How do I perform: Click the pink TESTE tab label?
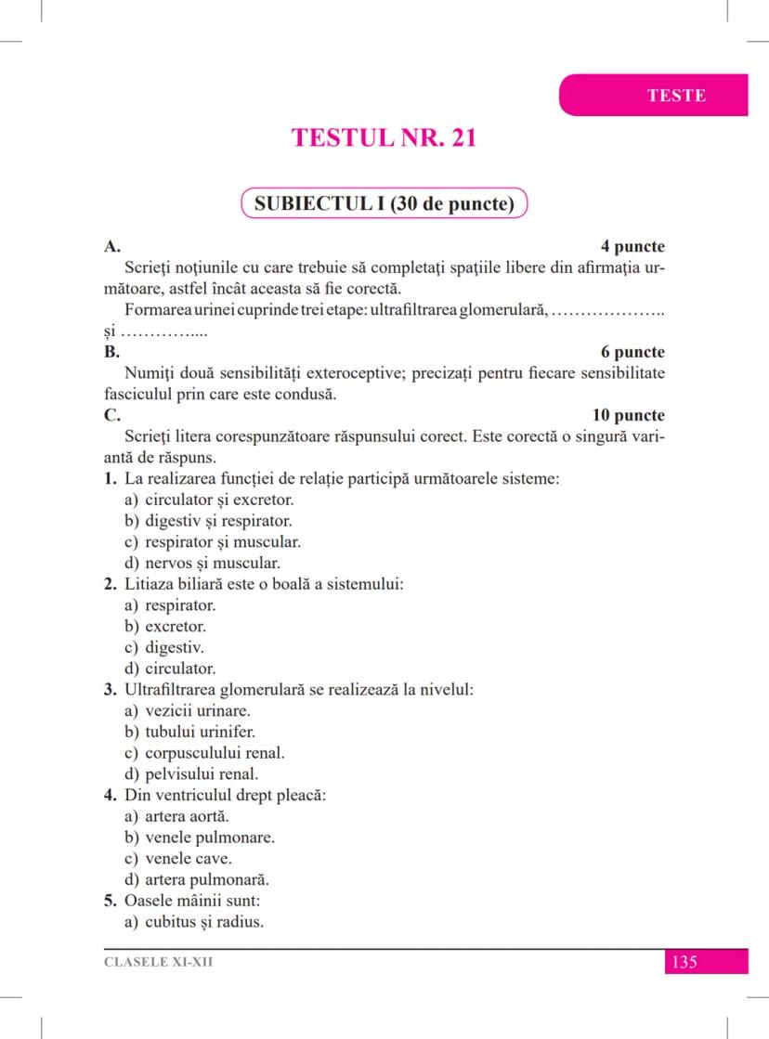(676, 96)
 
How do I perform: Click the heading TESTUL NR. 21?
(384, 137)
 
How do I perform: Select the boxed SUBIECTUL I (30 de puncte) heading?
(384, 204)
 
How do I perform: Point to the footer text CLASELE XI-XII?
(158, 962)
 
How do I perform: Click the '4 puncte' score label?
(632, 247)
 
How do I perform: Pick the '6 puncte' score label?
(632, 353)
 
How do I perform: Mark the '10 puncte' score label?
(628, 415)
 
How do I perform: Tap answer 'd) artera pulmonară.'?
(196, 880)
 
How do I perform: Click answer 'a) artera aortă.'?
(176, 816)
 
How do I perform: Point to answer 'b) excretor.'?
(164, 627)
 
